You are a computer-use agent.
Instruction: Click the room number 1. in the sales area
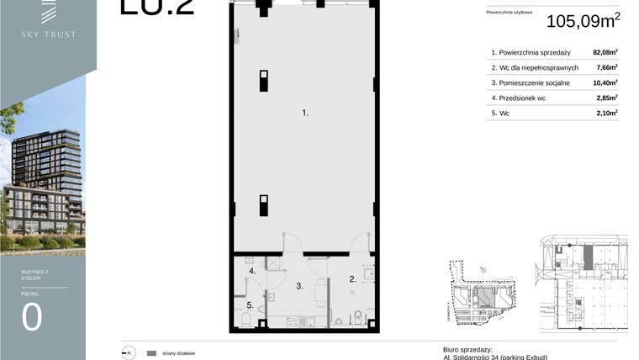(x=306, y=112)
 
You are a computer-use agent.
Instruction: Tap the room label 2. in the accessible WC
(x=353, y=279)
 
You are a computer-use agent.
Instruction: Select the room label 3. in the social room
(x=298, y=287)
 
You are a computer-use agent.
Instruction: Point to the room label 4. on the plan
(x=251, y=271)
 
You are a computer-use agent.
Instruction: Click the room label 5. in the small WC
(x=250, y=304)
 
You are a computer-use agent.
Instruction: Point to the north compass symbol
(x=127, y=353)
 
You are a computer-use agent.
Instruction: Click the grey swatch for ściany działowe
(x=152, y=353)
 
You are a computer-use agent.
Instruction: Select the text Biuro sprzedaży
(x=467, y=349)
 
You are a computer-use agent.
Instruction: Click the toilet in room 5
(x=246, y=320)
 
